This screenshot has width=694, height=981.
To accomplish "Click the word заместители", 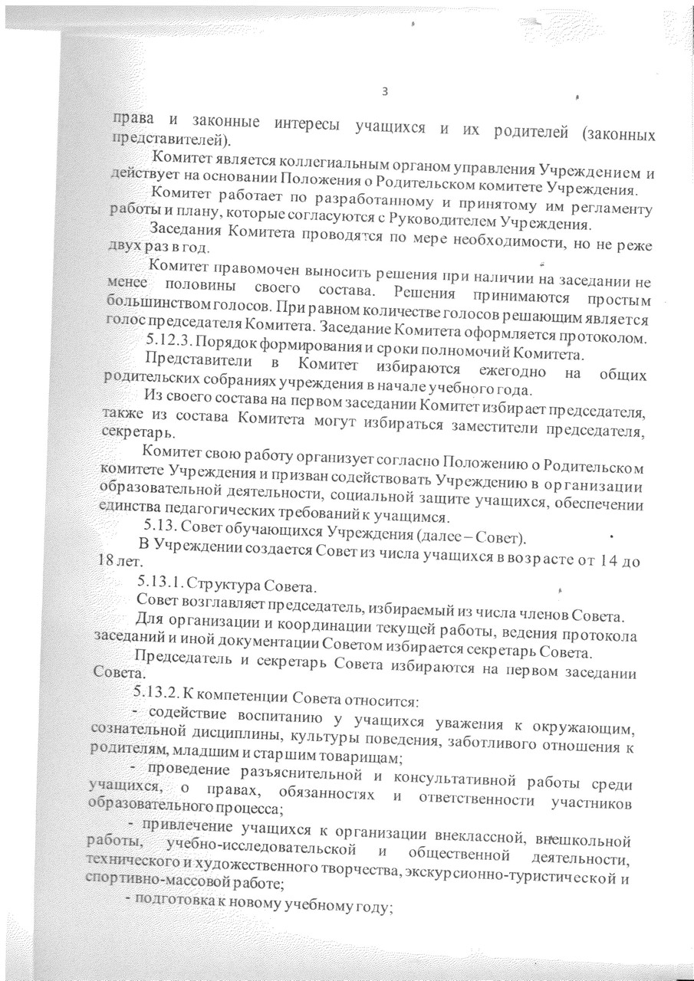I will point(491,423).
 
